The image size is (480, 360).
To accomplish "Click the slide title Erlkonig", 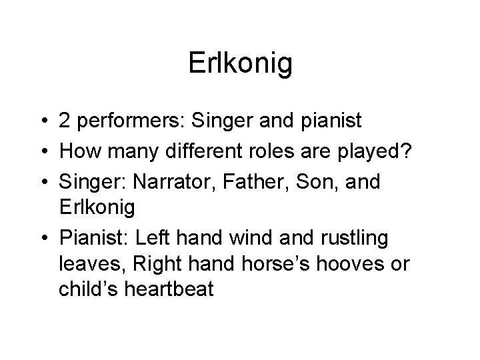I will [240, 64].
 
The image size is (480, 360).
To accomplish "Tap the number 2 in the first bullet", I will [65, 121].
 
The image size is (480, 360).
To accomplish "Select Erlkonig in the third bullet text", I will [97, 207].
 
